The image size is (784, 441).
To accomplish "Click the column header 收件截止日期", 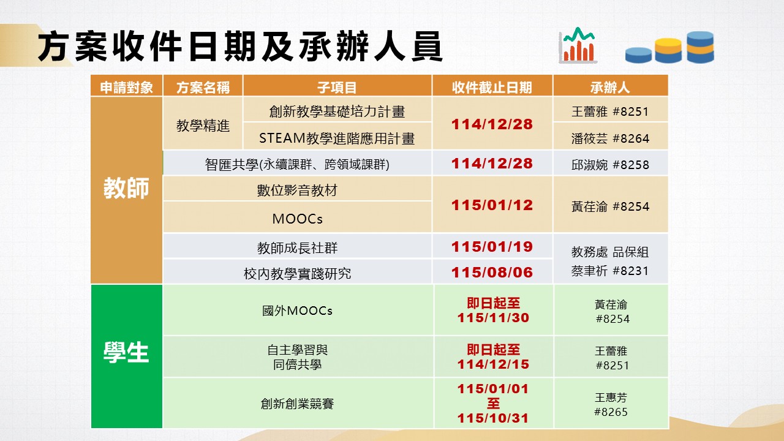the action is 492,87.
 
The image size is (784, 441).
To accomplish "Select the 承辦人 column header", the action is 609,87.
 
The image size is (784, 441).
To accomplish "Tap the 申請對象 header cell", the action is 126,87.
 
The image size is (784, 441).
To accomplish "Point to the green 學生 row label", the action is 126,352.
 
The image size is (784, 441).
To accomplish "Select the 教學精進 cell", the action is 203,126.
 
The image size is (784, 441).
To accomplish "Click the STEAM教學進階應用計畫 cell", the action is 337,138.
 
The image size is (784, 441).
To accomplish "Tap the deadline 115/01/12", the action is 492,205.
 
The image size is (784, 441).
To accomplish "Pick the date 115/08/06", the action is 492,273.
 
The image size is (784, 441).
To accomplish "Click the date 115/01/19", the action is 492,247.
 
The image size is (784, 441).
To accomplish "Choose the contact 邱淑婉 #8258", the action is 610,165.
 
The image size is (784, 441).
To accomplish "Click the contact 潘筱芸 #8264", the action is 610,138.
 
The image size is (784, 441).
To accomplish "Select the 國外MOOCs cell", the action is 297,311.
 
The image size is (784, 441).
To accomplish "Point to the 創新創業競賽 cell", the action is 297,404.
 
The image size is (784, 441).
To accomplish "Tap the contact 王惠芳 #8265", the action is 611,404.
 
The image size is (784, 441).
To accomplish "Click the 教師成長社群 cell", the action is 297,248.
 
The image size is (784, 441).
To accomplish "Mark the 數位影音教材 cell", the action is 297,190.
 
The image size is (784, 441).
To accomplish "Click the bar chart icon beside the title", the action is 578,45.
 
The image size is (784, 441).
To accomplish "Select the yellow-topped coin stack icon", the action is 668,50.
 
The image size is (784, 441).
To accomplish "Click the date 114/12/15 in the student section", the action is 493,364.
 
